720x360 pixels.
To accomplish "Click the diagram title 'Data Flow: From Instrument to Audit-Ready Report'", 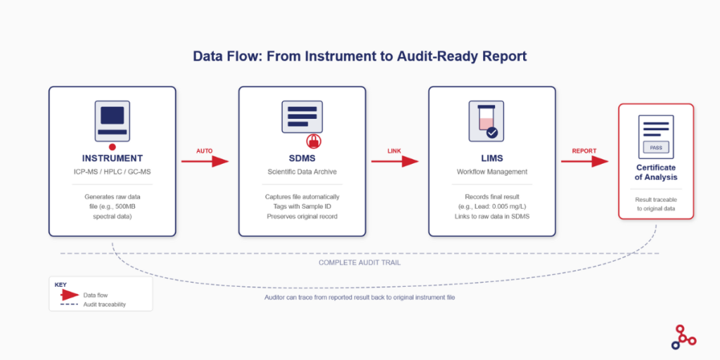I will (x=359, y=56).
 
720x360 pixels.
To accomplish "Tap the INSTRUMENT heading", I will (x=112, y=158).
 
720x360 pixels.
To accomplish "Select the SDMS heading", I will (x=302, y=158).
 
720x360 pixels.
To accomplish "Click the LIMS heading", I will (x=491, y=158).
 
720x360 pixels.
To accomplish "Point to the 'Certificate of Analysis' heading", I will (x=655, y=172).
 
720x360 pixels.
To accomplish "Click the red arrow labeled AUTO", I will (x=205, y=161).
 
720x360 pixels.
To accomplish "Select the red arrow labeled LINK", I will (x=394, y=161).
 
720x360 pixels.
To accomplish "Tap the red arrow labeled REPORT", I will (x=584, y=161).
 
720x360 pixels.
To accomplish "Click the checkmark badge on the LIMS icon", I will (x=492, y=131).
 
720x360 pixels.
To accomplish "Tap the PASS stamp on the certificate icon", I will (x=655, y=148).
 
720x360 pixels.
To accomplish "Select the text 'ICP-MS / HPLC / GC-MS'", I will (x=112, y=172).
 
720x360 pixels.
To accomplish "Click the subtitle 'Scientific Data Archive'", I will (x=302, y=172).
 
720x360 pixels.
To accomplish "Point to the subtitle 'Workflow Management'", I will (x=491, y=172).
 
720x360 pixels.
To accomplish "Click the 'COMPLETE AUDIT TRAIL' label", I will (x=359, y=262).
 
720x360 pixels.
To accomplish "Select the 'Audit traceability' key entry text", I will (x=105, y=304).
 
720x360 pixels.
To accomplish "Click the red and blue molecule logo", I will (x=683, y=337).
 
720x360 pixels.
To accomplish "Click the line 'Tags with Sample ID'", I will (x=302, y=206).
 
